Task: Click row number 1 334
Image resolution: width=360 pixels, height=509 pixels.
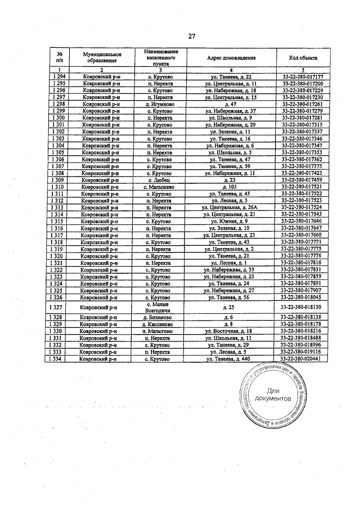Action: click(58, 359)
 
